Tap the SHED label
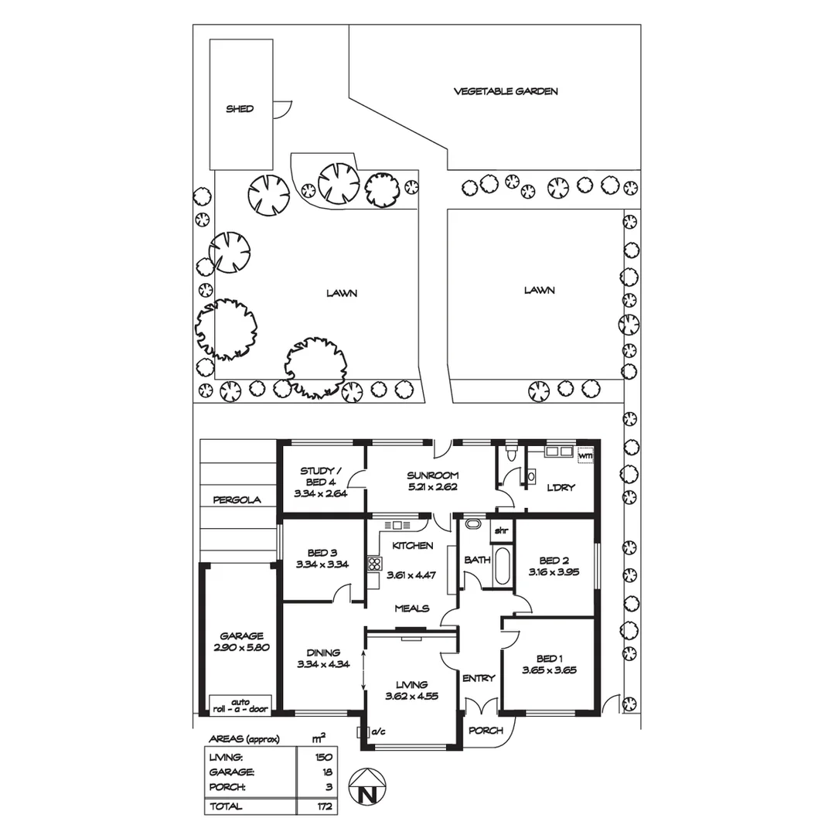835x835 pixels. point(240,109)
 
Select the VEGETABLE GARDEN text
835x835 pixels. point(505,91)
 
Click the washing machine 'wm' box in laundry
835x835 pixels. point(585,455)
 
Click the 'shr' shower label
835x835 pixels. point(501,530)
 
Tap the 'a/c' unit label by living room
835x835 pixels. point(378,731)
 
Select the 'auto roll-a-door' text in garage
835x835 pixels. point(240,704)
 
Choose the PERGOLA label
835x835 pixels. point(238,499)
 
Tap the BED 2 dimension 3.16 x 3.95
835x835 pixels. point(554,573)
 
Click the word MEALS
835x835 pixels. point(411,608)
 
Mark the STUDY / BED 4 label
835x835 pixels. point(317,476)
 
